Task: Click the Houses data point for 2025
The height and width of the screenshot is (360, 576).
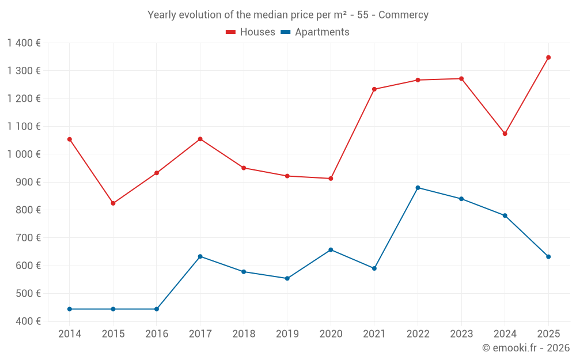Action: pyautogui.click(x=548, y=58)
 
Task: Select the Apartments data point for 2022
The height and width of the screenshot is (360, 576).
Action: pyautogui.click(x=418, y=188)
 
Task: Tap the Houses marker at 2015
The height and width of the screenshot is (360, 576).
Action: pyautogui.click(x=113, y=203)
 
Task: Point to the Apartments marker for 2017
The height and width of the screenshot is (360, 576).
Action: pyautogui.click(x=200, y=256)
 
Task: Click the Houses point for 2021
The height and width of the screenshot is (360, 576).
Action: pyautogui.click(x=374, y=89)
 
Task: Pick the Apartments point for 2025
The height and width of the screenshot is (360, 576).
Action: pyautogui.click(x=548, y=257)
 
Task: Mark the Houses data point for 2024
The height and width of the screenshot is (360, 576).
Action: pyautogui.click(x=505, y=134)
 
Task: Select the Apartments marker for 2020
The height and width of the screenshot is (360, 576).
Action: pyautogui.click(x=331, y=250)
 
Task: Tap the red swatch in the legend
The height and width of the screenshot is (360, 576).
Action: pyautogui.click(x=231, y=32)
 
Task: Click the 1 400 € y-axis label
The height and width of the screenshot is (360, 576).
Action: pyautogui.click(x=24, y=43)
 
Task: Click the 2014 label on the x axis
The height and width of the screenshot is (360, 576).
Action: pyautogui.click(x=70, y=334)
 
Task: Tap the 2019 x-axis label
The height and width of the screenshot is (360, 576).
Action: pyautogui.click(x=287, y=334)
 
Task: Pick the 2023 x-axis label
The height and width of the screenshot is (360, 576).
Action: pyautogui.click(x=461, y=334)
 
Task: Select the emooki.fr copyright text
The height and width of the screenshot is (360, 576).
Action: pyautogui.click(x=526, y=348)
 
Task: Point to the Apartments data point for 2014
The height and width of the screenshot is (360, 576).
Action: pyautogui.click(x=70, y=309)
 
